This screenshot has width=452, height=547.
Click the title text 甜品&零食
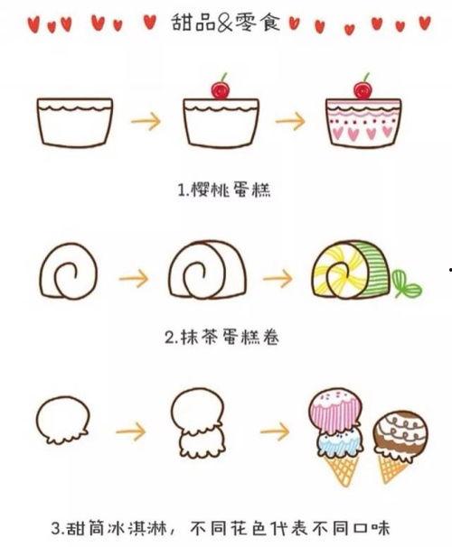point(226,23)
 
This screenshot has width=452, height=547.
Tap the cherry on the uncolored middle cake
point(221,89)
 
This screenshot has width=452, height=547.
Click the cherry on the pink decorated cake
point(363,89)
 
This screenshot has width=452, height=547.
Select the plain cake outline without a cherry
point(75,122)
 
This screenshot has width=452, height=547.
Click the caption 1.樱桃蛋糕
point(224,190)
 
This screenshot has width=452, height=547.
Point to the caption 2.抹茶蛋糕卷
point(221,338)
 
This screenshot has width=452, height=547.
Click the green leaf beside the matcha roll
point(406,284)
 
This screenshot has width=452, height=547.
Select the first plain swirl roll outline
point(69,271)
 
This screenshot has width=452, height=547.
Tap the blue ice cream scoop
point(340,442)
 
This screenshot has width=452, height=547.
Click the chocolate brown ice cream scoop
point(400,432)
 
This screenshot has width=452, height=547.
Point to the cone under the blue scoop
point(343,469)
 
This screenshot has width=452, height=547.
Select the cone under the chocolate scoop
point(392,468)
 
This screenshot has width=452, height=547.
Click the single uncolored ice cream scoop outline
point(63,420)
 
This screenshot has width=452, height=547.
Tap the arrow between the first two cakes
point(146,121)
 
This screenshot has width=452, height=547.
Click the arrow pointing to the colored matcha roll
point(278,278)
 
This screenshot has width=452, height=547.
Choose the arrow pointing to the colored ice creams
point(275,431)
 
